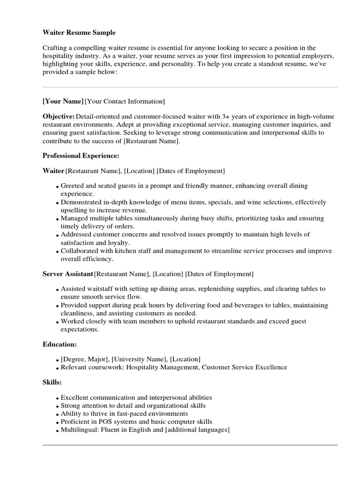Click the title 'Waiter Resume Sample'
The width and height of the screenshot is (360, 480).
(79, 33)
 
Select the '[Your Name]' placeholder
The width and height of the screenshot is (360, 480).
(63, 101)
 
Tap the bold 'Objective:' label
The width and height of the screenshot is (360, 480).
(59, 116)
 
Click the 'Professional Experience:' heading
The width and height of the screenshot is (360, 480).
(81, 155)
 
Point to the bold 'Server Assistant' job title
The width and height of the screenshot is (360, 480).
(67, 274)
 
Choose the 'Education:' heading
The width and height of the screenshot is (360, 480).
(60, 344)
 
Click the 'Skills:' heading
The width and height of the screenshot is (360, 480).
(52, 382)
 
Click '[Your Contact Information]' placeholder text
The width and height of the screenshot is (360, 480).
(125, 101)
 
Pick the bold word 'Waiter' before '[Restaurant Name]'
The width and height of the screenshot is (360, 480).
(53, 171)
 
